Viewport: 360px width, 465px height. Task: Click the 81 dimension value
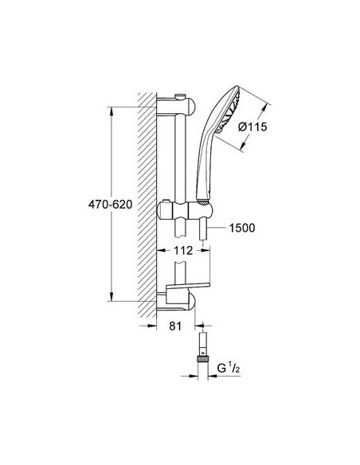[176, 326]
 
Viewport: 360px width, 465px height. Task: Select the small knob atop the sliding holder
[166, 200]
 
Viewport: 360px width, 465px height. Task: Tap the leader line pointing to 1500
[220, 228]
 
